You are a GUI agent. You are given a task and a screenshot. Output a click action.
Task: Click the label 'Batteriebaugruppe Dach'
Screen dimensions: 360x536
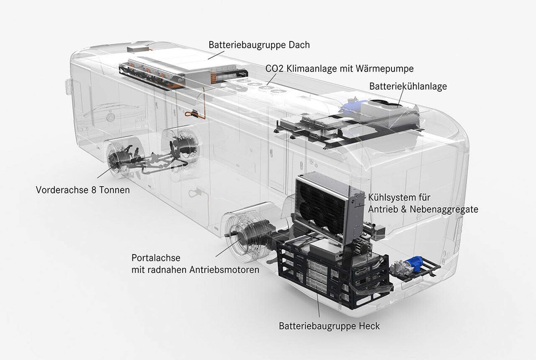point(259,45)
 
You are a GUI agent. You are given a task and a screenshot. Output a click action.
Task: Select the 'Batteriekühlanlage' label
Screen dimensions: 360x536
point(408,86)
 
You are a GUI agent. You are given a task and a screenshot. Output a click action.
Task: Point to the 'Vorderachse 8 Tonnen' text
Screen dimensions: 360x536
point(82,190)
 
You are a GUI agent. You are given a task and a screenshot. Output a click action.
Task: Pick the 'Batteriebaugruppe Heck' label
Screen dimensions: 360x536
point(329,326)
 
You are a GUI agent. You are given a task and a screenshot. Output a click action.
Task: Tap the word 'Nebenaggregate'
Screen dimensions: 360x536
point(444,209)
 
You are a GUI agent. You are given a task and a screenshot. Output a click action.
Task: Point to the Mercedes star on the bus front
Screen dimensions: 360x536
point(110,118)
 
